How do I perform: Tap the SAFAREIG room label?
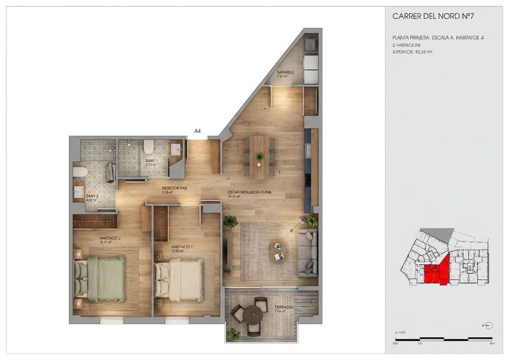[x=284, y=73]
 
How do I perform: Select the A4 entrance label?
[x=198, y=131]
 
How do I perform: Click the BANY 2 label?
[x=93, y=196]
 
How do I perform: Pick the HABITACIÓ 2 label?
[x=110, y=239]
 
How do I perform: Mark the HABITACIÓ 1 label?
[x=182, y=247]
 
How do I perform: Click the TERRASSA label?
[x=284, y=308]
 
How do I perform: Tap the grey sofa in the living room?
[x=308, y=253]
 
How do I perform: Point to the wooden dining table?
[x=260, y=156]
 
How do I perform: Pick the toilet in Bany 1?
[x=148, y=146]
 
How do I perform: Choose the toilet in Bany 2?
[x=80, y=172]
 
